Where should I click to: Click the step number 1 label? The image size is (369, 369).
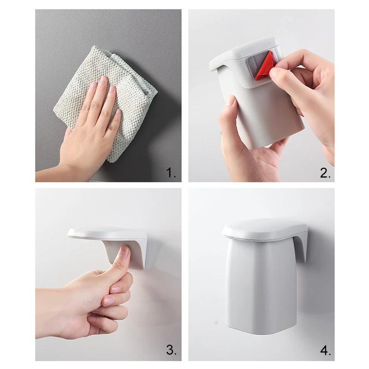tap(171, 173)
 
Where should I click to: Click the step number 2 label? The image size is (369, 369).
tap(325, 173)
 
